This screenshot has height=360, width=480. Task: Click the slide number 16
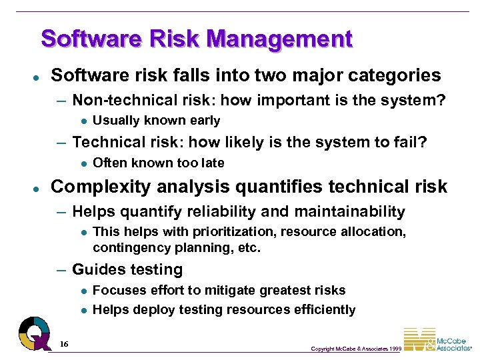point(64,344)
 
